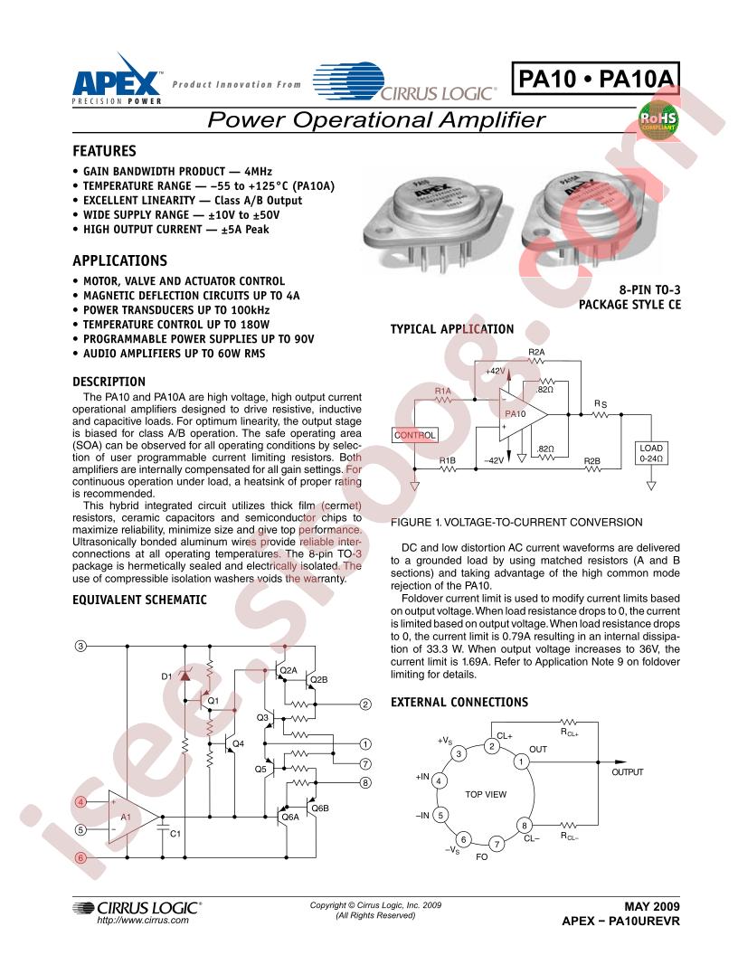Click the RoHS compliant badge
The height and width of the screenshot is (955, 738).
[658, 118]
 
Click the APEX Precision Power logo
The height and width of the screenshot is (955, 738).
[118, 80]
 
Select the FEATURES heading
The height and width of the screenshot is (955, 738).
[104, 151]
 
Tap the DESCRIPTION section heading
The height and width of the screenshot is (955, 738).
[109, 382]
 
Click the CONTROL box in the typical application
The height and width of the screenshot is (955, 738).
[414, 435]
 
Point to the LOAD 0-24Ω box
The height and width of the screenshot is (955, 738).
[651, 453]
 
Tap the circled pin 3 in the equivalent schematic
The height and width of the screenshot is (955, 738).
[80, 646]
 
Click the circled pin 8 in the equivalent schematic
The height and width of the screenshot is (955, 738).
[365, 782]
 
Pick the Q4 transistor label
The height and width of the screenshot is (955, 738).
[238, 743]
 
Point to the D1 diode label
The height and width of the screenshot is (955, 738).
[166, 676]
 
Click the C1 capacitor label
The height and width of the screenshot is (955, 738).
[175, 833]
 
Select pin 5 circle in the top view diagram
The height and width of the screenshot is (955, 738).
[440, 815]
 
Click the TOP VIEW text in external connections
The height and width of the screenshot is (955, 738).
[486, 794]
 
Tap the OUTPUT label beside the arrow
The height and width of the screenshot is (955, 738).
[627, 771]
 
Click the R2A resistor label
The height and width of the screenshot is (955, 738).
[536, 352]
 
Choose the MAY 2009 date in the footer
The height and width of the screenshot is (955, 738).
[652, 906]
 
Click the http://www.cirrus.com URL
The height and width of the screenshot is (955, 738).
[143, 921]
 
